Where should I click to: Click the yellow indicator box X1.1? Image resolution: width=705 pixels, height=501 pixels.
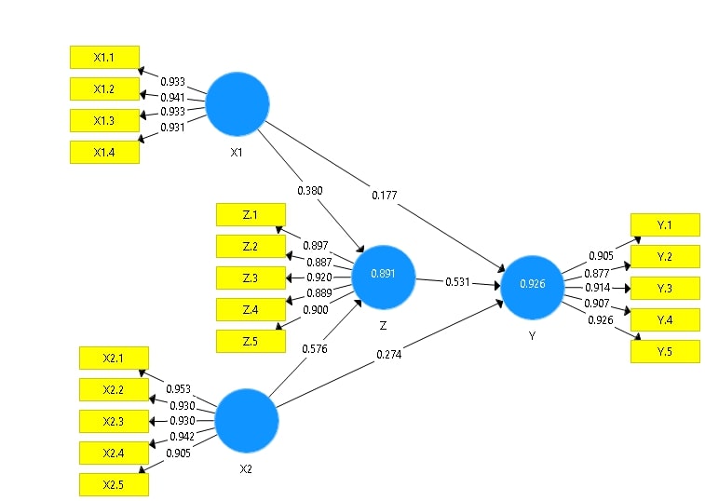104,57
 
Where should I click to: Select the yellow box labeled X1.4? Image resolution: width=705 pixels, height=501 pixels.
104,152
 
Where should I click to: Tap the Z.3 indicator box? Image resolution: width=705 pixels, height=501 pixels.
250,278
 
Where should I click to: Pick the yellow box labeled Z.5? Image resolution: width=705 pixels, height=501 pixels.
250,341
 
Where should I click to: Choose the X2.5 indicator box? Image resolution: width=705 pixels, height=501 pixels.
113,484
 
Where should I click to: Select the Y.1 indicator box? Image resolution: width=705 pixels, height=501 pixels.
664,224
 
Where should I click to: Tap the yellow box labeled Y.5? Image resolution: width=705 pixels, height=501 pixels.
664,351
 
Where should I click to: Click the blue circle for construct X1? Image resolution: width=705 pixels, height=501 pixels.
237,103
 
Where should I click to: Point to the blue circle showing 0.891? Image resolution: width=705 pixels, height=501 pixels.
384,277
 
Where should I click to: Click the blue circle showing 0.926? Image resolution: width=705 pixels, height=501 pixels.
532,286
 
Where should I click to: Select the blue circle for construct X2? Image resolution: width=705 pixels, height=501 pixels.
247,420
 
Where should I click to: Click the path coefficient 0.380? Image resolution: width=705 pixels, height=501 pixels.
310,191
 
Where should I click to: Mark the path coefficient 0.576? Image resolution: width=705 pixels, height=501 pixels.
315,349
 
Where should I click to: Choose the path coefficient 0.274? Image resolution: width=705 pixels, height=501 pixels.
390,355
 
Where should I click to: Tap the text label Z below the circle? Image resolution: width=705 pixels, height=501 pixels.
384,326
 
